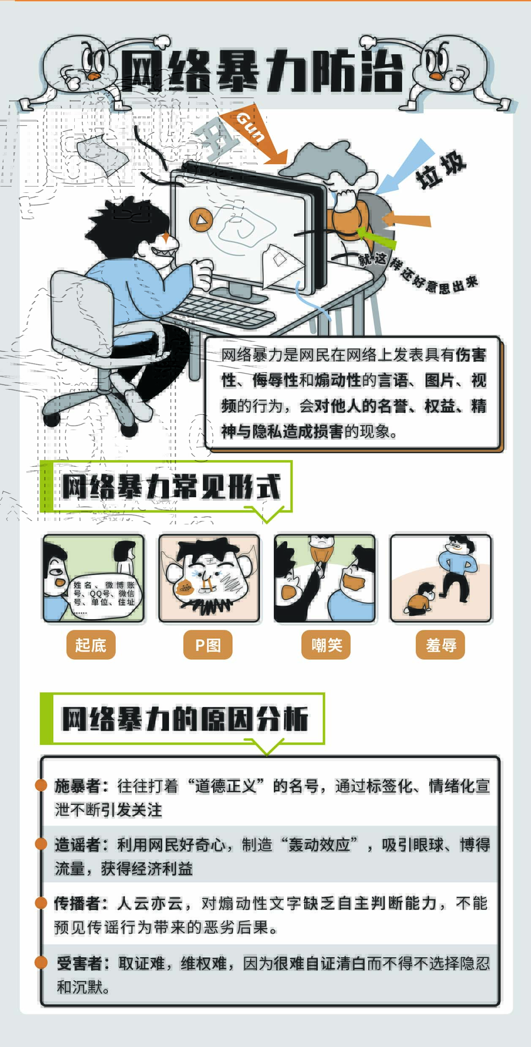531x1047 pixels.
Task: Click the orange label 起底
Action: [x=91, y=644]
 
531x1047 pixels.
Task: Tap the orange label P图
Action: [x=208, y=644]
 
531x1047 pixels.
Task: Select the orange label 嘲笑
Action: [x=326, y=644]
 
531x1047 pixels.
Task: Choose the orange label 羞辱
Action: [x=441, y=644]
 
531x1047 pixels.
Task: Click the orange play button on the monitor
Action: [x=201, y=219]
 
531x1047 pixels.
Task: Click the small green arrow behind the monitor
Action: [x=376, y=237]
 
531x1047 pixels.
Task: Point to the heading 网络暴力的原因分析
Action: [x=185, y=718]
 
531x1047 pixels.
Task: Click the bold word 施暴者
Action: [x=77, y=786]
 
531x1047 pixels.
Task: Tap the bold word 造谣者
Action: [x=77, y=845]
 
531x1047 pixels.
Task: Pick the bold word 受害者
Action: [x=79, y=964]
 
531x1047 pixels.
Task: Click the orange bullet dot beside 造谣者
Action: [x=41, y=844]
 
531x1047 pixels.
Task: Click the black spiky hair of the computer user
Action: [x=127, y=226]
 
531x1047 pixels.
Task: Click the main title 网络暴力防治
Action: [x=262, y=71]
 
